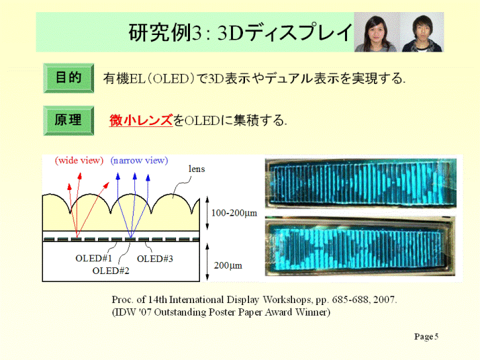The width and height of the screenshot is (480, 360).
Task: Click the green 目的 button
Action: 68,78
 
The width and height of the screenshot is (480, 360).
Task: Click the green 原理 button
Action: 68,120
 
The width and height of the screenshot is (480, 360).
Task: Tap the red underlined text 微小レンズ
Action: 141,120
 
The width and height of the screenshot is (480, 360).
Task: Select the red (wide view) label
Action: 79,161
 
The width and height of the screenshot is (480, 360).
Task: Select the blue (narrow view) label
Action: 139,161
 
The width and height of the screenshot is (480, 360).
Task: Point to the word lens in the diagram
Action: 197,169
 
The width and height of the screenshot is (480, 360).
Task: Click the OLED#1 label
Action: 94,259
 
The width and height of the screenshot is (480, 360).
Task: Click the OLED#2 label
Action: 111,271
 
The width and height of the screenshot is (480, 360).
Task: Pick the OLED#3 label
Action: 155,259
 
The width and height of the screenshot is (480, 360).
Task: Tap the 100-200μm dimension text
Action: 234,213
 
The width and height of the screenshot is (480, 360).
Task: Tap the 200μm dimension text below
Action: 228,265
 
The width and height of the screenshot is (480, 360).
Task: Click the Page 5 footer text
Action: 426,336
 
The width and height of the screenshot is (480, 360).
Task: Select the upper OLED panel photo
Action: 361,183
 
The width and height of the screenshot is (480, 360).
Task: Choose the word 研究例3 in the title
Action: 164,32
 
